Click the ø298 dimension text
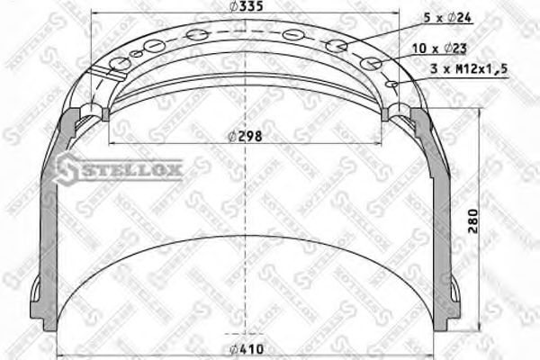(244, 137)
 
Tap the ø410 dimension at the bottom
(244, 349)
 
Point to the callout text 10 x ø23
(446, 47)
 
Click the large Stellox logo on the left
(120, 166)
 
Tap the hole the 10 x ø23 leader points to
(370, 64)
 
